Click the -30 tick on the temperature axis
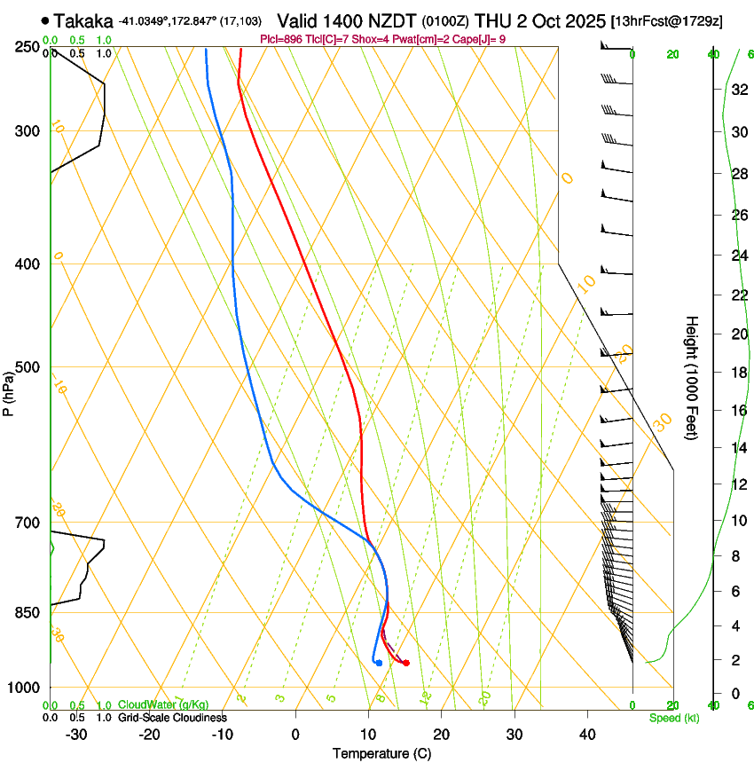point(76,734)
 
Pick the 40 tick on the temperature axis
point(586,734)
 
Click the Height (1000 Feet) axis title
point(692,377)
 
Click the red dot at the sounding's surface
point(405,663)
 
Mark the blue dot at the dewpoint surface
point(379,663)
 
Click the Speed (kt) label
point(673,717)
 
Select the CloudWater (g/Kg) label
point(163,704)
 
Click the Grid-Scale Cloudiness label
point(172,717)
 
